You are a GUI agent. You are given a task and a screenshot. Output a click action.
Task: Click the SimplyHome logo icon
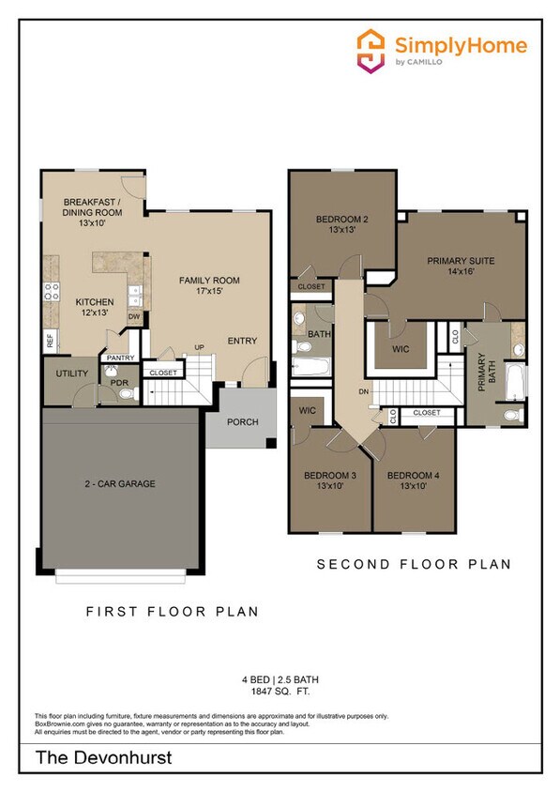tap(371, 50)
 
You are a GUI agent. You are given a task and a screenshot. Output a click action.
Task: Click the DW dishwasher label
tap(134, 317)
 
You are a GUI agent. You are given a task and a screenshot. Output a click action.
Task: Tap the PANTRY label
tap(119, 358)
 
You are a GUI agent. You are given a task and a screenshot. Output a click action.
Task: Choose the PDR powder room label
tap(119, 383)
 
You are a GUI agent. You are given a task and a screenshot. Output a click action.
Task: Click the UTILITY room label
tap(72, 373)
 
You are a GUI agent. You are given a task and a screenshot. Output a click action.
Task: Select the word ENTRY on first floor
tap(242, 341)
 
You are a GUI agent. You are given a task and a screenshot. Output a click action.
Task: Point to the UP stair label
tap(198, 347)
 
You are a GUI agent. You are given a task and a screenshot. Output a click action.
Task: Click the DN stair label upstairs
tap(362, 392)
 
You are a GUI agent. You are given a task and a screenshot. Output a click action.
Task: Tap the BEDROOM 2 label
tap(341, 224)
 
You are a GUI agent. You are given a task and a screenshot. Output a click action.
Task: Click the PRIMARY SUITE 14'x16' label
tap(461, 267)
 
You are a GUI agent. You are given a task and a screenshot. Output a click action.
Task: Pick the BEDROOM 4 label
tap(413, 480)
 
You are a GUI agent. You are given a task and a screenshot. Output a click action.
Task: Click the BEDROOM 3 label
tap(329, 480)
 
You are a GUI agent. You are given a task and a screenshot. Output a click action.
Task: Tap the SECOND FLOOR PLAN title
tap(413, 564)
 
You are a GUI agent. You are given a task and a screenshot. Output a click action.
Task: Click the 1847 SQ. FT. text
tap(280, 693)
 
